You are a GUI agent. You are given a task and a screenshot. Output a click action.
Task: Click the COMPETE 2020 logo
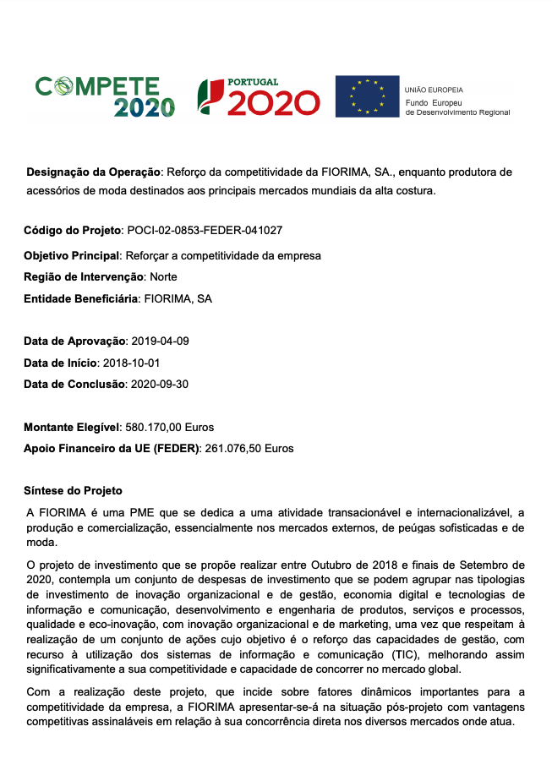point(105,96)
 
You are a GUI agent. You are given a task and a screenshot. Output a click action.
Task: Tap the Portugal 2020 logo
point(258,96)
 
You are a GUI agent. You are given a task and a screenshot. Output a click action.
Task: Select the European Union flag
point(367,96)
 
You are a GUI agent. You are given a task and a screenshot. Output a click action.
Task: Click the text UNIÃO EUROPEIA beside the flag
point(434,90)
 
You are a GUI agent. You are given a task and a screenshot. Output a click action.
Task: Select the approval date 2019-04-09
point(158,341)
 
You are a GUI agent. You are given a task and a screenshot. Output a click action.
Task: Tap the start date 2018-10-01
point(131,363)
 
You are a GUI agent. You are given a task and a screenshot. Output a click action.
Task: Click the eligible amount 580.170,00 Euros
point(169,427)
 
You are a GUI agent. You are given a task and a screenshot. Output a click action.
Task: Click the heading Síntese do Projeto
point(74,490)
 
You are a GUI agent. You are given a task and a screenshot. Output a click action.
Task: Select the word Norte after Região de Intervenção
point(163,276)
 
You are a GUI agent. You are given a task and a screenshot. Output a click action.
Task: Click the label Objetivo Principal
point(73,255)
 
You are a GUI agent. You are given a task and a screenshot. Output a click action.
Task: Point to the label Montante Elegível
point(72,427)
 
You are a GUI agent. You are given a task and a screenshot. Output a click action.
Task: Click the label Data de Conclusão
point(75,384)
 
